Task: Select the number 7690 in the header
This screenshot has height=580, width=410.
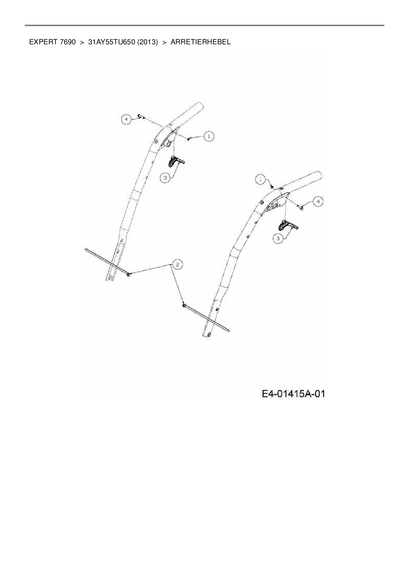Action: pyautogui.click(x=68, y=42)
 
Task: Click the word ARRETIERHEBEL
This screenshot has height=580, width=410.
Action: pyautogui.click(x=201, y=42)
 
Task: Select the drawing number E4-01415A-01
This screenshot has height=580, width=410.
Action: pyautogui.click(x=293, y=394)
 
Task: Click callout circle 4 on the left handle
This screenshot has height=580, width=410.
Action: pyautogui.click(x=126, y=119)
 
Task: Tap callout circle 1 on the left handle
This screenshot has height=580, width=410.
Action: pyautogui.click(x=209, y=136)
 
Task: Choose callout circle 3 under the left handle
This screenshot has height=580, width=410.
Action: pyautogui.click(x=165, y=178)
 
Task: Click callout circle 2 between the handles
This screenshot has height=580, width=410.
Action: pyautogui.click(x=177, y=264)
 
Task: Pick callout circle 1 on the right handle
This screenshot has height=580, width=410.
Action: pyautogui.click(x=261, y=180)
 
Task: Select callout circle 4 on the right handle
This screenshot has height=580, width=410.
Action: pyautogui.click(x=318, y=201)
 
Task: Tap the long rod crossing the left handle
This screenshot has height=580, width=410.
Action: pyautogui.click(x=106, y=261)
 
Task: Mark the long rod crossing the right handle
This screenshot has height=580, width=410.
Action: pyautogui.click(x=207, y=318)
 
